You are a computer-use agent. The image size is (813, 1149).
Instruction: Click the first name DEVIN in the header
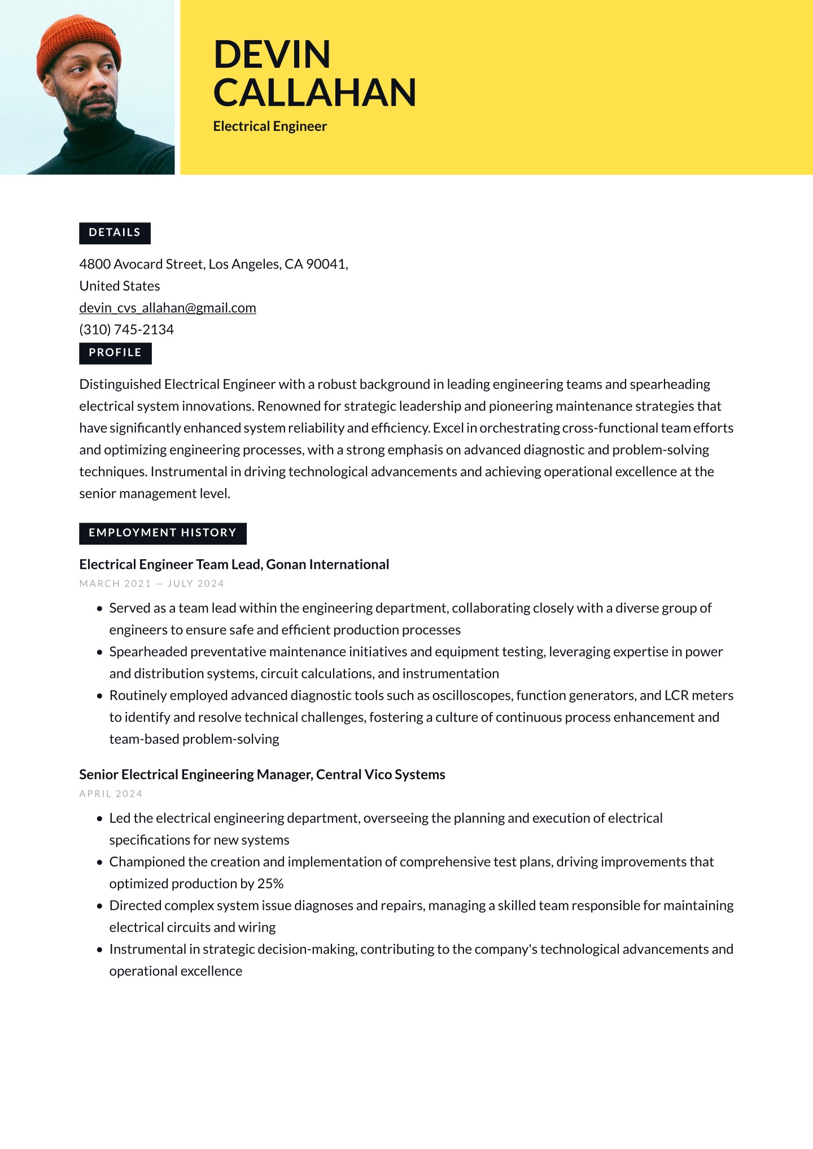pos(272,55)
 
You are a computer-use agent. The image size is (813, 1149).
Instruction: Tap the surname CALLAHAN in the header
pos(314,93)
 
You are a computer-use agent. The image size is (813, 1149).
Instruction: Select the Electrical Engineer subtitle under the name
pos(270,126)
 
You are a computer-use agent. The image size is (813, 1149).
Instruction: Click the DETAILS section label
pos(115,233)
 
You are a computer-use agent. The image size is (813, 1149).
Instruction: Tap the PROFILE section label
pos(115,353)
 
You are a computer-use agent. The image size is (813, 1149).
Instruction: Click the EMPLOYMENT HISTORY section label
pos(163,533)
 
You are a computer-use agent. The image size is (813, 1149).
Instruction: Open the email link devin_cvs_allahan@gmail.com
pos(168,308)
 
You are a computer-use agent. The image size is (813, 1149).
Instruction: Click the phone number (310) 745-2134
pos(126,330)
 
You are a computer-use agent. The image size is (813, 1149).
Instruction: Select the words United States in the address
pos(120,286)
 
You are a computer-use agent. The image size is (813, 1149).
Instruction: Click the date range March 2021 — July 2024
pos(151,584)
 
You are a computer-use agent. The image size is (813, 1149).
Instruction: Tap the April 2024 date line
pos(111,793)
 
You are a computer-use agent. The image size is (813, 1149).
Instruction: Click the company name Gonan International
pos(327,564)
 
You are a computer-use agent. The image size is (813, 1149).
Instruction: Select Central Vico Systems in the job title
pos(381,774)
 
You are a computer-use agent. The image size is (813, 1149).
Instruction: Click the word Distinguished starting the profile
pos(120,384)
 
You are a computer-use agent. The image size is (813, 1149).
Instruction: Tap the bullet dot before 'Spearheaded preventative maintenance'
pos(99,652)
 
